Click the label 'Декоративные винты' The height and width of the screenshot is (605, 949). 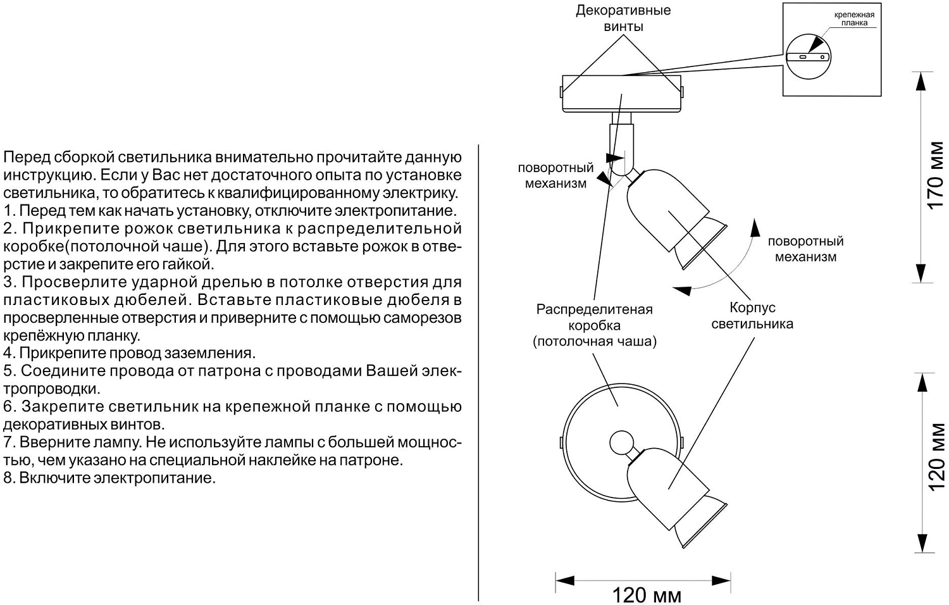click(623, 18)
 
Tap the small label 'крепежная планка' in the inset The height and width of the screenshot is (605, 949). click(853, 18)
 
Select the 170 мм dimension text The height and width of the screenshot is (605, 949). click(935, 175)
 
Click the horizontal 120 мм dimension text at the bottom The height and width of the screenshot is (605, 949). click(646, 595)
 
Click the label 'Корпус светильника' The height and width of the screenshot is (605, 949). click(752, 315)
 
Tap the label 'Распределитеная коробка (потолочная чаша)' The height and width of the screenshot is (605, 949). click(594, 325)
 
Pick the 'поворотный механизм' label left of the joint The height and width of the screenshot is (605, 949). click(555, 175)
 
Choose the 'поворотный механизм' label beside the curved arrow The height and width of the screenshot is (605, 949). click(805, 249)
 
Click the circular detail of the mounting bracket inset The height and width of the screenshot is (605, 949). click(809, 56)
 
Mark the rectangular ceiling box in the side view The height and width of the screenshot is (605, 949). click(621, 94)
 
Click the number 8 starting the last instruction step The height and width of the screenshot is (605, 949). click(8, 477)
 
